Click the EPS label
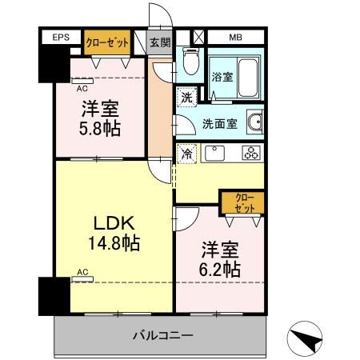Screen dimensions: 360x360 [x=61, y=37]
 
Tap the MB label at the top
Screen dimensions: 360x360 [x=236, y=37]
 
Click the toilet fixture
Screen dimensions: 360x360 [x=189, y=61]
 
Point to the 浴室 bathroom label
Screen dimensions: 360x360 [x=222, y=78]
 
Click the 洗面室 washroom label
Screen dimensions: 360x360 [x=218, y=123]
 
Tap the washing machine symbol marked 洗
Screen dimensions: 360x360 [x=185, y=97]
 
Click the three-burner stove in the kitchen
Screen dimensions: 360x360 [x=250, y=153]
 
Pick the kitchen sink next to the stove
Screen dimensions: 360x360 [x=214, y=153]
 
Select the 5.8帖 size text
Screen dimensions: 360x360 [x=100, y=127]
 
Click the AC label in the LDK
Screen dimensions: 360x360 [x=82, y=273]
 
